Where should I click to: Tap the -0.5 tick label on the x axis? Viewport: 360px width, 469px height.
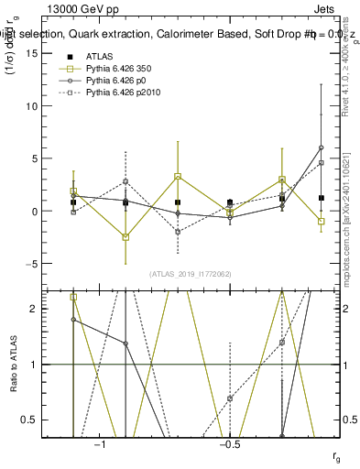click(x=228, y=444)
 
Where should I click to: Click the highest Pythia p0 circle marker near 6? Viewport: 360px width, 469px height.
click(x=321, y=147)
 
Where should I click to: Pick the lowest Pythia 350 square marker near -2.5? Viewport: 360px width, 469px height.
click(x=125, y=237)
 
